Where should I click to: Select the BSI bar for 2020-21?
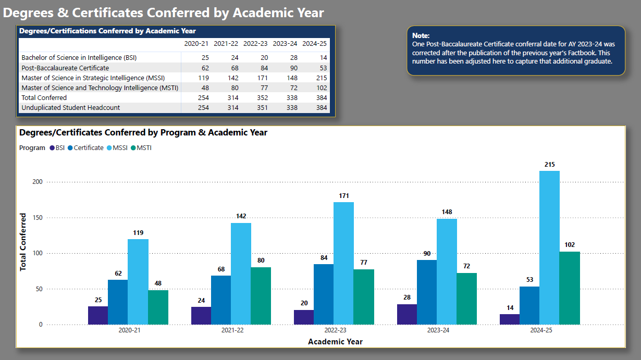point(97,315)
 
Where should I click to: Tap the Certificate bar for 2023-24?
point(427,292)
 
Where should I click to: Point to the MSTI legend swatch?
point(133,148)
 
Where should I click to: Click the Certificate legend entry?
point(88,148)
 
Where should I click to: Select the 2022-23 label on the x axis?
point(335,330)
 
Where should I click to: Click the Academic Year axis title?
point(335,342)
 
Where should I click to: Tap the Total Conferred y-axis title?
point(23,242)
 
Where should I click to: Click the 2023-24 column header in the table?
point(285,43)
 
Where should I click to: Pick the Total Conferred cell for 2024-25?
point(322,97)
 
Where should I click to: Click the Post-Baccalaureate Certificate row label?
point(65,68)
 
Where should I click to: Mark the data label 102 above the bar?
point(569,245)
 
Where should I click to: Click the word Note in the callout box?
point(421,35)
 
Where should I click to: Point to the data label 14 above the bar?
point(509,307)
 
